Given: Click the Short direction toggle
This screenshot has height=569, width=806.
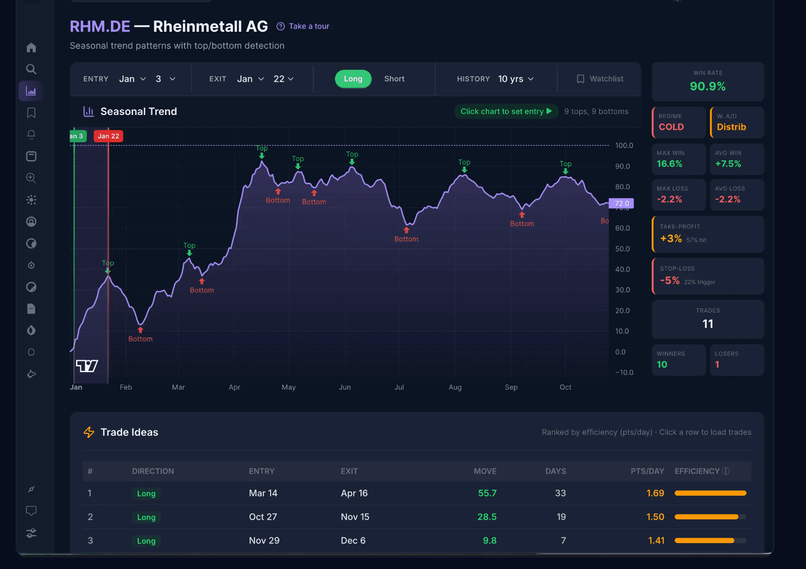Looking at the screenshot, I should coord(394,79).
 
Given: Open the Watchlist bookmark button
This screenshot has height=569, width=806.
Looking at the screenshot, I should coord(600,79).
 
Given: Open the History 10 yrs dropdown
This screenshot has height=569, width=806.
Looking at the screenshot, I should coord(516,79).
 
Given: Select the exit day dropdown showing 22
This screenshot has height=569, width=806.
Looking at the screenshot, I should coord(284,79).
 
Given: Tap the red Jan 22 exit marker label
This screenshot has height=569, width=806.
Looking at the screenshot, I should coord(108,136).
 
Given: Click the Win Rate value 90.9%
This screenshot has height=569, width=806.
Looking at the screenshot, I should coord(708,86).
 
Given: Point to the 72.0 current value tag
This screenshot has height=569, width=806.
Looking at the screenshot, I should coord(621,204).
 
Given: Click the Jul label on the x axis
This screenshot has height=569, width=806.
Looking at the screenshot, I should coord(399,387).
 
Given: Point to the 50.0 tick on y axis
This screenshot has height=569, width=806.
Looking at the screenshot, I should coord(622,249).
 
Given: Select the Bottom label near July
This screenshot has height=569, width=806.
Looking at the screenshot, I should coord(406,239).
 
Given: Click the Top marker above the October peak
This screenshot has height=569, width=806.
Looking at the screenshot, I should coord(565,164).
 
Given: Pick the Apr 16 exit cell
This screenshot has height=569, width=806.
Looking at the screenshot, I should coord(354,493).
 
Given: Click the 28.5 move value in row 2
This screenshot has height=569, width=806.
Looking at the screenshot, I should coord(487,517).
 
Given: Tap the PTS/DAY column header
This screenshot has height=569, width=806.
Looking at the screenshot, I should coord(647,471).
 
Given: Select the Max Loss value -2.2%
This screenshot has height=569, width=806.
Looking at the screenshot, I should coord(669,200).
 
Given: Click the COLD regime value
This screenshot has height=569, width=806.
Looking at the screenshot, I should coord(671,127).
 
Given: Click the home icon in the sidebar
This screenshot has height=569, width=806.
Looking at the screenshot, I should coord(31,47).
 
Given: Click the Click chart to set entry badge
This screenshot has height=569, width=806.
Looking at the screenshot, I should coord(506,111).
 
